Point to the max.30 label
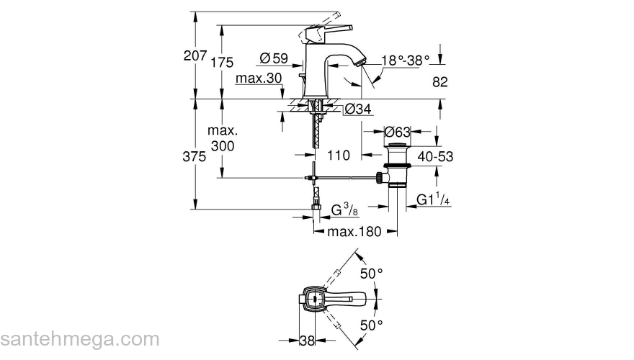[x=257, y=78]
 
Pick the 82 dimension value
[x=440, y=81]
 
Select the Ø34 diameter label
[x=357, y=109]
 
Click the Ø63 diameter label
[x=397, y=132]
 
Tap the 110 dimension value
[x=338, y=155]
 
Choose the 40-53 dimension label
[x=435, y=156]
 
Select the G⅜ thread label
[x=345, y=211]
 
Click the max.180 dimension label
[x=354, y=232]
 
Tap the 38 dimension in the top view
[x=307, y=341]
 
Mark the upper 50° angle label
[x=371, y=274]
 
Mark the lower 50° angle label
[x=371, y=325]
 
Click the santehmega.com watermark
[x=79, y=339]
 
